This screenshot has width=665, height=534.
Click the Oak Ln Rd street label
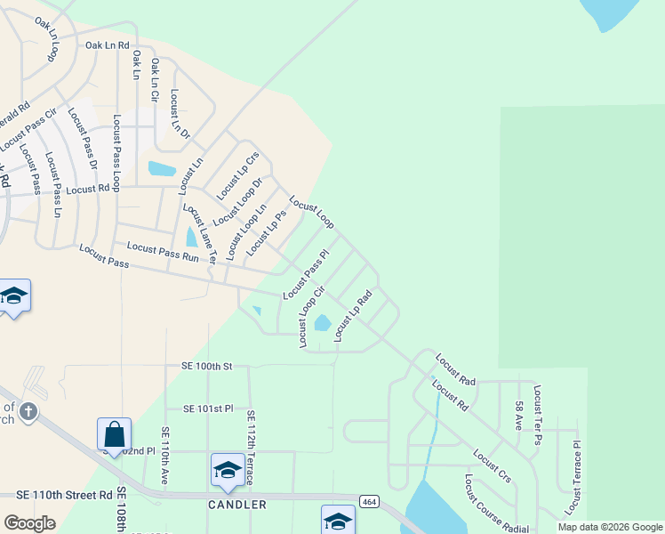pos(108,44)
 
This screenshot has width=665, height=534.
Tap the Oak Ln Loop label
pos(47,39)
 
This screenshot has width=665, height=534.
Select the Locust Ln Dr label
pos(180,113)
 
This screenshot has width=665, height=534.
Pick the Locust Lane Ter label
pos(200,234)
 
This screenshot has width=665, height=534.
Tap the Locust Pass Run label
pos(163,251)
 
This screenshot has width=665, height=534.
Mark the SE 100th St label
pos(202,366)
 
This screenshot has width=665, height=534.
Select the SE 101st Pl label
pos(208,409)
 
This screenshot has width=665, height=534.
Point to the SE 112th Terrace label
pos(252,448)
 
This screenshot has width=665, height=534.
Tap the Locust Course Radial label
pos(490,503)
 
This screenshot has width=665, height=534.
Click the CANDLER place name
pos(237,505)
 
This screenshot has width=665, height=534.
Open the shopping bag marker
pos(115,435)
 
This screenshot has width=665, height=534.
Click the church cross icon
pos(28,411)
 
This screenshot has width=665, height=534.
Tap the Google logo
pos(29,523)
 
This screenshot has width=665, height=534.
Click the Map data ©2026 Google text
pos(609,527)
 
